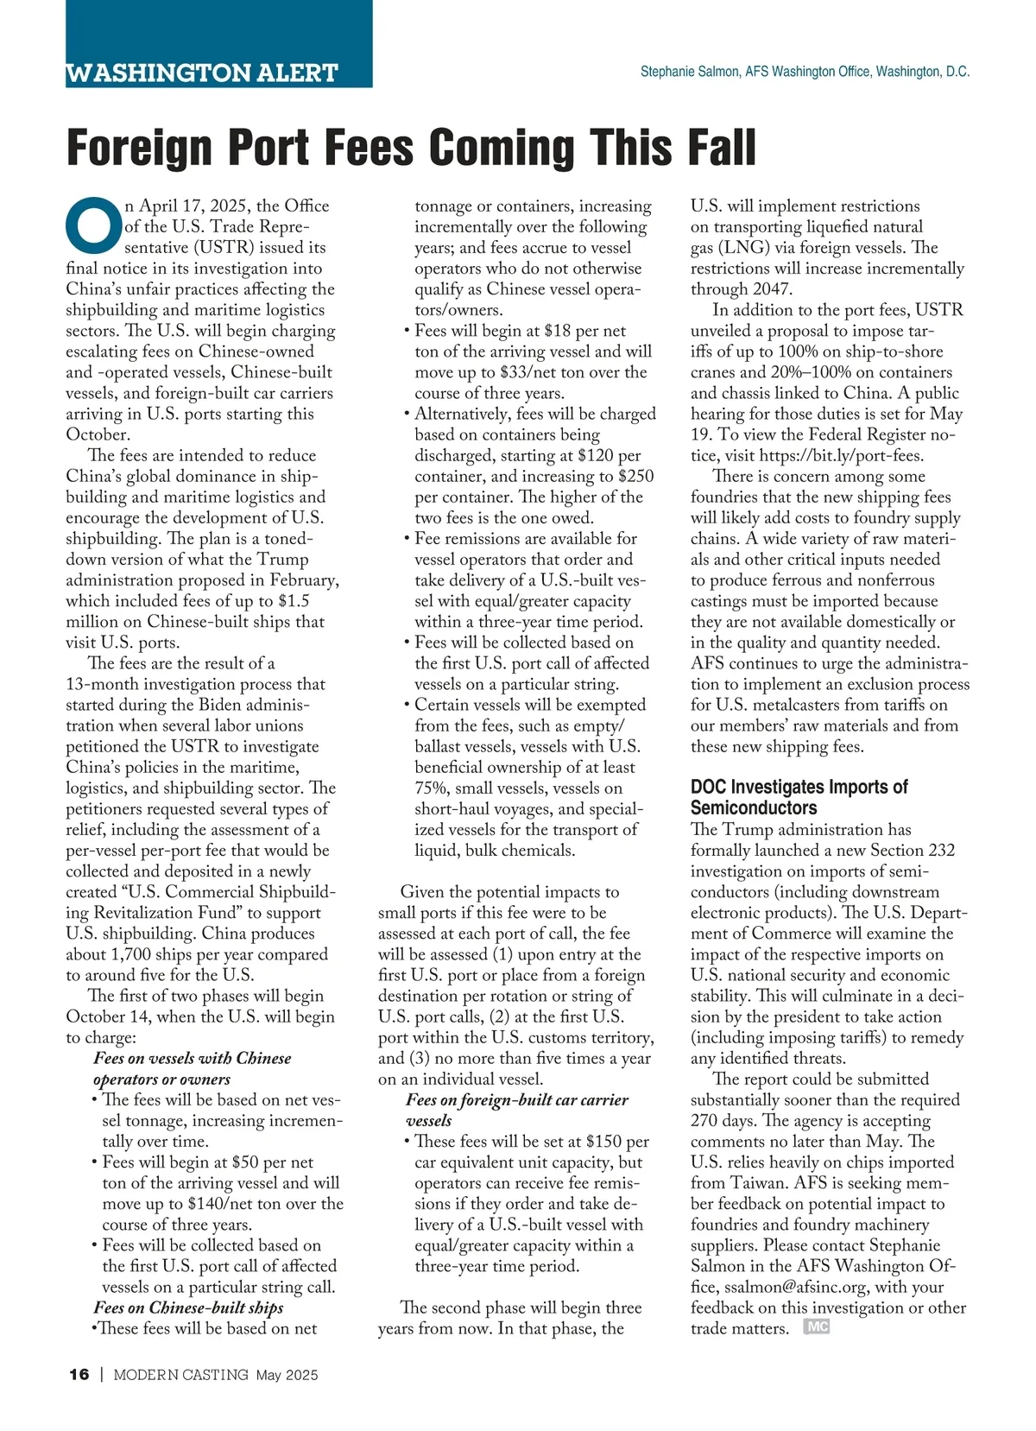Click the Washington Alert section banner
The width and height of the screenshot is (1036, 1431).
[202, 72]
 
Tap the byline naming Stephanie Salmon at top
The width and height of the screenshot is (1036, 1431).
[805, 72]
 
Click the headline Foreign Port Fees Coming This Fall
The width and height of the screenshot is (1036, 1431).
[411, 148]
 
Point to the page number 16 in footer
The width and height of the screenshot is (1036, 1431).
[79, 1375]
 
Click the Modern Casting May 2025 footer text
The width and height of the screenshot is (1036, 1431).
[216, 1375]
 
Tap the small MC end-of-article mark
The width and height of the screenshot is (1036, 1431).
[816, 1327]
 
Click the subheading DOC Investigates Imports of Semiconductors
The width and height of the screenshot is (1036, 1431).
[799, 797]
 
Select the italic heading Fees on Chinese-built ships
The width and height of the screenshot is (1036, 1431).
[188, 1308]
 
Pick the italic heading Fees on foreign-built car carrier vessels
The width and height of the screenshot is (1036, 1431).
[516, 1110]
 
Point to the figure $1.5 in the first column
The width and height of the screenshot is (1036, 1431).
[293, 601]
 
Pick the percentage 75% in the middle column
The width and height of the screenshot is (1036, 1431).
[432, 788]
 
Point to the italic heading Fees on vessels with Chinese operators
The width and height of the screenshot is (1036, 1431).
[192, 1068]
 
